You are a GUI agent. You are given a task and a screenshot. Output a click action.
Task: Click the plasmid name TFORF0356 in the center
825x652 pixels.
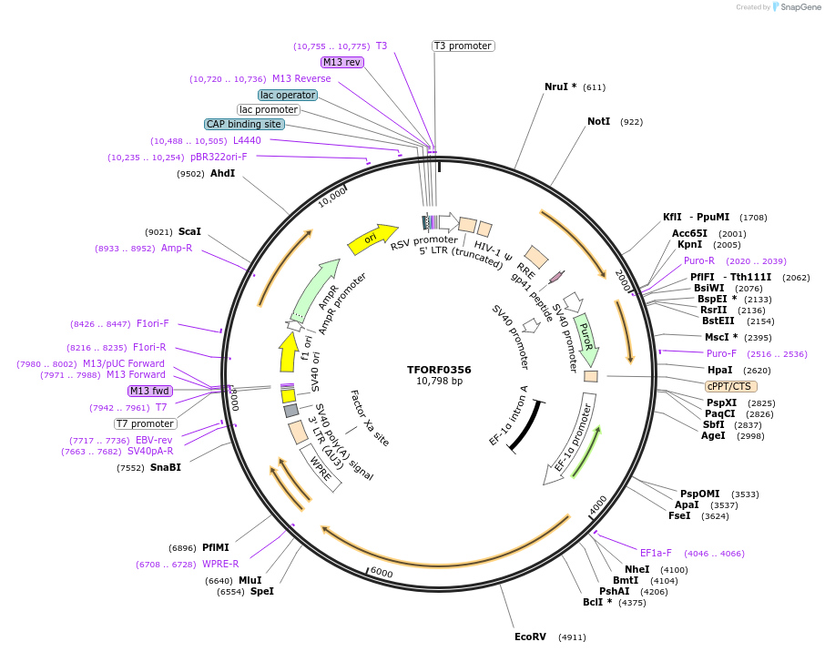(439, 370)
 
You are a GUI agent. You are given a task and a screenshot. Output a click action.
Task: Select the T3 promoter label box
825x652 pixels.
(463, 46)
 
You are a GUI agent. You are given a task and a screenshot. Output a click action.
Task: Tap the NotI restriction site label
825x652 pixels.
(598, 121)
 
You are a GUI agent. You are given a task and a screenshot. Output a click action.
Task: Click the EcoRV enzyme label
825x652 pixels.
(530, 637)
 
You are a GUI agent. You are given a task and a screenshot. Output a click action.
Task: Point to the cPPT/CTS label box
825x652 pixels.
(730, 386)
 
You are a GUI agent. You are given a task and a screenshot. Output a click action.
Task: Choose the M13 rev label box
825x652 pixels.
(342, 62)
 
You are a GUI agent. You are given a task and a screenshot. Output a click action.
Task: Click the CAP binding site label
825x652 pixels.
(244, 124)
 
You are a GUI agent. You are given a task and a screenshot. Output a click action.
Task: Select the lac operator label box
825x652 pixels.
(288, 95)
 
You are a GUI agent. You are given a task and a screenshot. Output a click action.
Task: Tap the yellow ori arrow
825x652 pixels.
(372, 238)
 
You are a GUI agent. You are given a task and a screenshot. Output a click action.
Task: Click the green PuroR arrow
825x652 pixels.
(587, 331)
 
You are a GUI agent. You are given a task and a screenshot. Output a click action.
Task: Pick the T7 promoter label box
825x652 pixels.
(146, 423)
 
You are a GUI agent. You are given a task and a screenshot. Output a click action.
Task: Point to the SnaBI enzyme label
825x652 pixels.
(166, 467)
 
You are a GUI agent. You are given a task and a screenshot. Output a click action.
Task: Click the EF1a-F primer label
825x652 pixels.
(656, 553)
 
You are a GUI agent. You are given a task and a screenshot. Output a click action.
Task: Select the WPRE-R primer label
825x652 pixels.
(220, 564)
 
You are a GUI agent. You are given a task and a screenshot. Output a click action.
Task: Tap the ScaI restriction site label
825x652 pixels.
(189, 231)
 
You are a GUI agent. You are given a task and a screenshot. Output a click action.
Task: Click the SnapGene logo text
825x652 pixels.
(798, 7)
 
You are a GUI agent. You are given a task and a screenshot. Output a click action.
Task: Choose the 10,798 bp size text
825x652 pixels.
(439, 382)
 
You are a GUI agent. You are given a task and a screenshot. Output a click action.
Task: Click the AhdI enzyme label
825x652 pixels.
(222, 173)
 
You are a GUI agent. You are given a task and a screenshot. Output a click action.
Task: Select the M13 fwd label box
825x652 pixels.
(150, 391)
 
